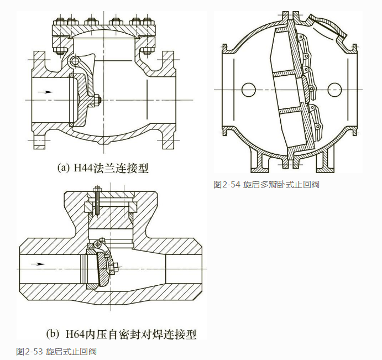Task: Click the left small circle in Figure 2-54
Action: click(248, 88)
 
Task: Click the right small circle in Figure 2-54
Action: click(333, 88)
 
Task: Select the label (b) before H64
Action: click(52, 334)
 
